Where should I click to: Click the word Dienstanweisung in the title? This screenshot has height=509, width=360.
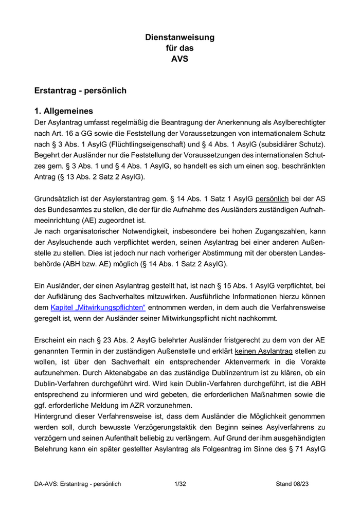tap(179, 38)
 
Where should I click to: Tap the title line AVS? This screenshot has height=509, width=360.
tap(179, 59)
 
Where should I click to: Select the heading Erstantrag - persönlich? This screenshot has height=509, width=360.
tap(80, 90)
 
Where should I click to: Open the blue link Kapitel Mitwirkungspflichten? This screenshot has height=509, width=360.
tap(98, 307)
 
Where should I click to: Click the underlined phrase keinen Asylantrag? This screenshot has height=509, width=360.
tap(263, 352)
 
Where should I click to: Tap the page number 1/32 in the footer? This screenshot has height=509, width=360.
tap(180, 484)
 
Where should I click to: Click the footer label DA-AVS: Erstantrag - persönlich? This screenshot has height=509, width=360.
tap(78, 484)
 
